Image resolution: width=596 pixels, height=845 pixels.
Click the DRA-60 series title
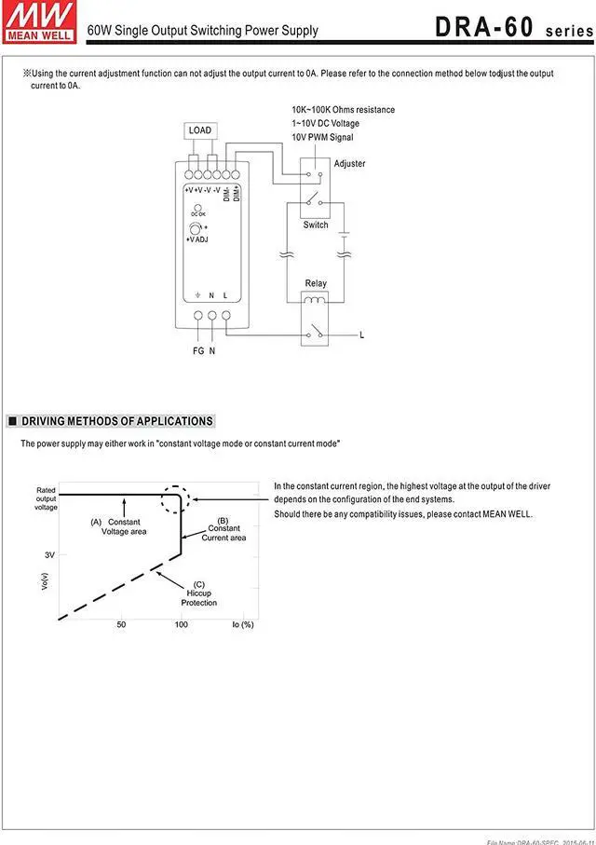(x=511, y=28)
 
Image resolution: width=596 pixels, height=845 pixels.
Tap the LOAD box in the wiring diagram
(x=200, y=130)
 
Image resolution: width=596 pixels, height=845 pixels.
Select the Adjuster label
(x=349, y=164)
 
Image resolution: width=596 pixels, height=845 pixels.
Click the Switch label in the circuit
(x=316, y=225)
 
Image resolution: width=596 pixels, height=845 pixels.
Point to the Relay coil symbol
(x=316, y=300)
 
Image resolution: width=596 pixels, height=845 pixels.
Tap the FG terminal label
(x=198, y=351)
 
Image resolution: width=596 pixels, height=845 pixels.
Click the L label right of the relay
(x=361, y=334)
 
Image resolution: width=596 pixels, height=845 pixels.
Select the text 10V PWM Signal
(x=322, y=137)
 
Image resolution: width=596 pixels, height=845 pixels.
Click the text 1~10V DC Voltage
(x=325, y=123)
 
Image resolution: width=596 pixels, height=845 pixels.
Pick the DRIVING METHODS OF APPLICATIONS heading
(x=116, y=421)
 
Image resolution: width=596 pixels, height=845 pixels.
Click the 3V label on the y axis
(x=49, y=554)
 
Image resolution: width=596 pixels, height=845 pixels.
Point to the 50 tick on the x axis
(x=121, y=624)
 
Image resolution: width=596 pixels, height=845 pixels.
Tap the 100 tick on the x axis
(x=181, y=624)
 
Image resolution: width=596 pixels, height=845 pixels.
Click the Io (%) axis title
(x=242, y=624)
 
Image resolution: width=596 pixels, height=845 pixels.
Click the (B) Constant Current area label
(x=223, y=529)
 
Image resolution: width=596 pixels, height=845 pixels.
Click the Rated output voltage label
(x=46, y=498)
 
